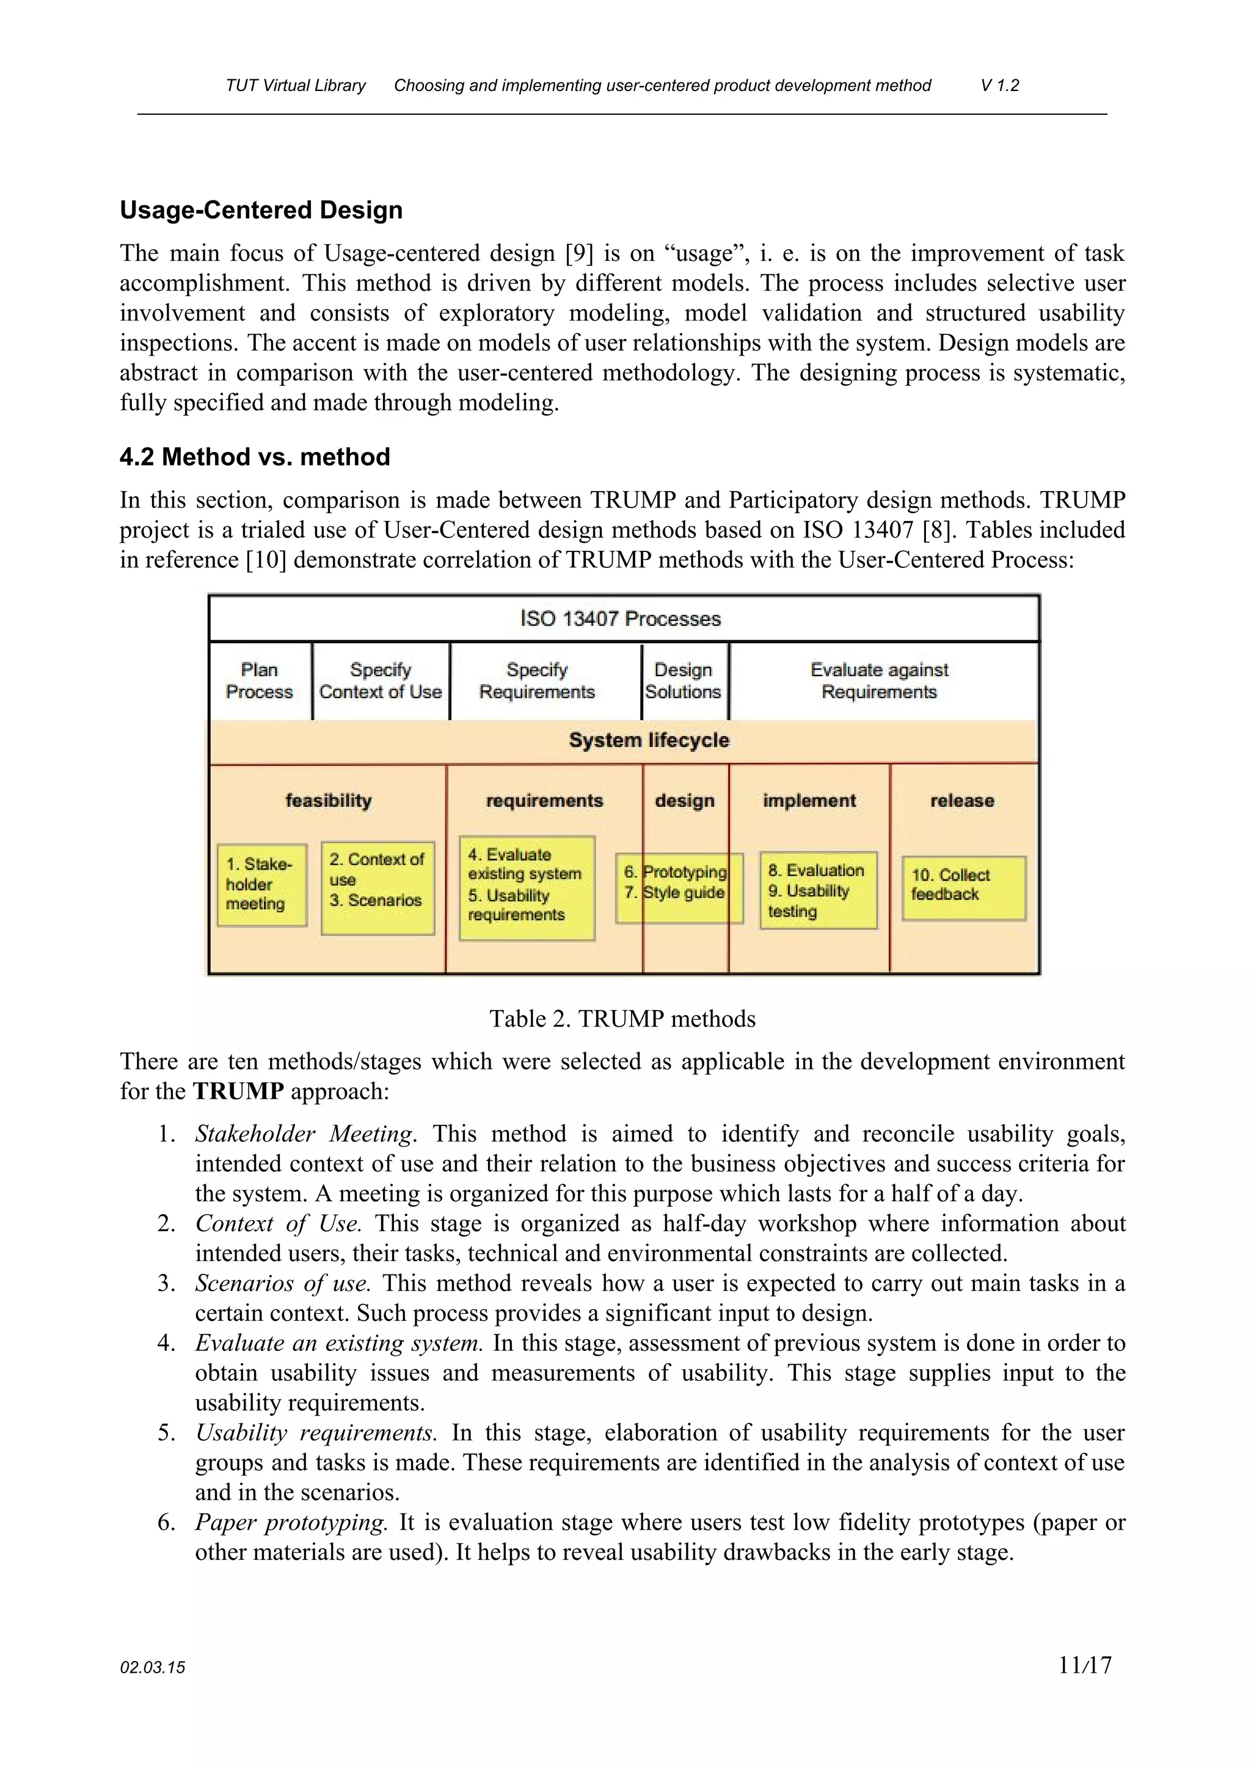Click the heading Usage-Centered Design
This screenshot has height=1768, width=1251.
pyautogui.click(x=261, y=210)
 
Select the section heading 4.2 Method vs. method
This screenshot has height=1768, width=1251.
pyautogui.click(x=254, y=457)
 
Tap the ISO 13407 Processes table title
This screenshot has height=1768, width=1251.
pyautogui.click(x=621, y=618)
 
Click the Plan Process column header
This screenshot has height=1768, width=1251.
pyautogui.click(x=260, y=681)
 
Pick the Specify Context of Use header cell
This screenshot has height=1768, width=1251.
pyautogui.click(x=381, y=681)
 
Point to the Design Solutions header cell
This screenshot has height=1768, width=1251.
pyautogui.click(x=684, y=681)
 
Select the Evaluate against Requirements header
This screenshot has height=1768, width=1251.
pyautogui.click(x=879, y=681)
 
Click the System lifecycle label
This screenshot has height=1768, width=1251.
pyautogui.click(x=649, y=740)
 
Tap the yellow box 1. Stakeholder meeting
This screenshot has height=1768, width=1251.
pyautogui.click(x=261, y=885)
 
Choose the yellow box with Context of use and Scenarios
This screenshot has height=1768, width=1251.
pyautogui.click(x=377, y=887)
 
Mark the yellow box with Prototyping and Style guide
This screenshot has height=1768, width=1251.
pyautogui.click(x=679, y=887)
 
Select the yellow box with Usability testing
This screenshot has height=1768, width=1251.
pyautogui.click(x=817, y=890)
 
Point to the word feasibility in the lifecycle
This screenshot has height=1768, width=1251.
pyautogui.click(x=328, y=801)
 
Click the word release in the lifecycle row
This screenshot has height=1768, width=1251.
pyautogui.click(x=962, y=801)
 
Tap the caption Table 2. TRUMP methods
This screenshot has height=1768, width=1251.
pyautogui.click(x=622, y=1019)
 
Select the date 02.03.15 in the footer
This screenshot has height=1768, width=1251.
pyautogui.click(x=153, y=1668)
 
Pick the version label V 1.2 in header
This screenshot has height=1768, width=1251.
pyautogui.click(x=999, y=85)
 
